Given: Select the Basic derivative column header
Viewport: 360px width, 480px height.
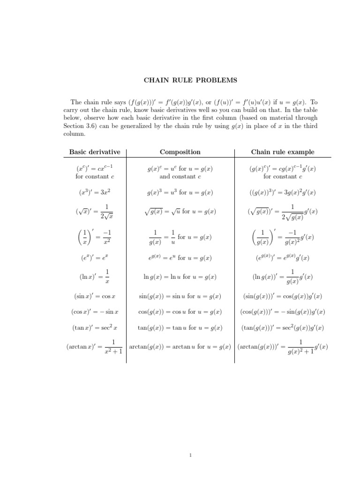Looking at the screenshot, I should point(95,152).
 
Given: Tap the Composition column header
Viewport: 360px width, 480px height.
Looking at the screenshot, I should point(180,152).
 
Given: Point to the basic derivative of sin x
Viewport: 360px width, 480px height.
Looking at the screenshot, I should point(95,296).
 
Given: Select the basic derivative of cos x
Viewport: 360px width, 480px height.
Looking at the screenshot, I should point(95,312).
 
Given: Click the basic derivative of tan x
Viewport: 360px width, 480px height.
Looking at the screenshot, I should point(95,328).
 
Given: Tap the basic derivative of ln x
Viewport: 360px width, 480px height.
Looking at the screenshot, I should point(95,277).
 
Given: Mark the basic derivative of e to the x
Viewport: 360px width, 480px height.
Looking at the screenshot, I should point(95,258).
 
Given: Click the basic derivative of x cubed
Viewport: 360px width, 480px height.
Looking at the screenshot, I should point(95,192).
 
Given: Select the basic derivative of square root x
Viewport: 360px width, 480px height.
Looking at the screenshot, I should point(95,211).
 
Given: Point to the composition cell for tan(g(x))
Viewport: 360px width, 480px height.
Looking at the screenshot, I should point(180,328).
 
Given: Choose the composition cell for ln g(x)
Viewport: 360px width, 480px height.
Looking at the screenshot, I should point(180,277).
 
